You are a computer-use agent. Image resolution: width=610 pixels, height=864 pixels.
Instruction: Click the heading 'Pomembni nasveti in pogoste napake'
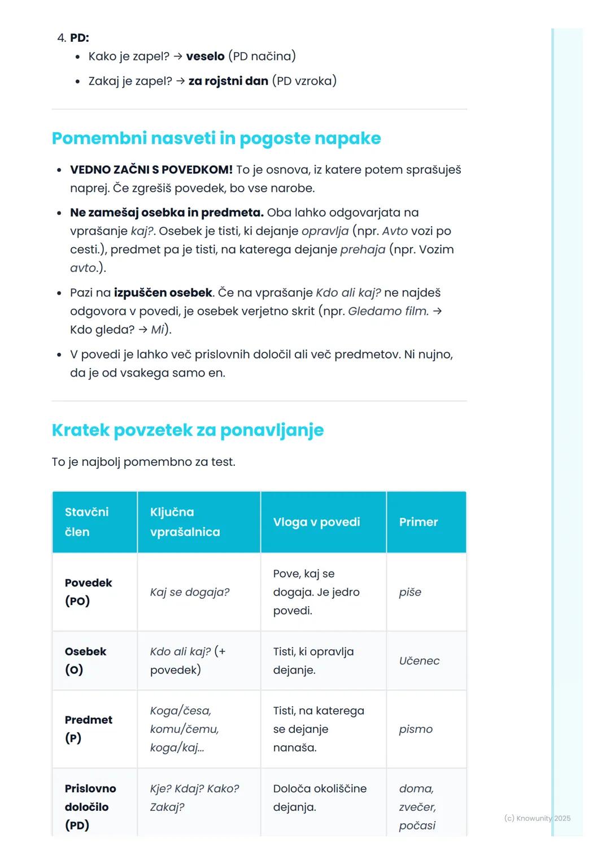[x=216, y=139]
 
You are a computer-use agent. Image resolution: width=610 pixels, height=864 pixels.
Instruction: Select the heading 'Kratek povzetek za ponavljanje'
[x=188, y=430]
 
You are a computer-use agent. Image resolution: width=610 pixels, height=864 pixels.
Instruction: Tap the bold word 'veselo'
[x=205, y=57]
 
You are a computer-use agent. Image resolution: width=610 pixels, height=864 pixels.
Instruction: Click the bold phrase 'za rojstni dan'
[x=228, y=81]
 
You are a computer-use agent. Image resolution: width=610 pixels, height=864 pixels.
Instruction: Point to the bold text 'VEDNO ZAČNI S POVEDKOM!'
[x=151, y=170]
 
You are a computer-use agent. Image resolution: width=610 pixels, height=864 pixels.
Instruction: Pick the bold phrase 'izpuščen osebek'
[x=164, y=293]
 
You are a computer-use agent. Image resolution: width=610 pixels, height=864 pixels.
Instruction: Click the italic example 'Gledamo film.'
[x=388, y=312]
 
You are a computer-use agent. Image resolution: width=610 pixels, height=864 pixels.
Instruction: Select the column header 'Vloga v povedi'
[x=316, y=522]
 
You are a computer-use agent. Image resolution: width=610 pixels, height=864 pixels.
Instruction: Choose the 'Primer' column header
[x=418, y=522]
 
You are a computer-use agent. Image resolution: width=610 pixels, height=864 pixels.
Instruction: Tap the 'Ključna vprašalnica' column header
[x=185, y=522]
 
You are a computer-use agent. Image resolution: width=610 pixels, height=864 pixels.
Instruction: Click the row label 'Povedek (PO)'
[x=88, y=592]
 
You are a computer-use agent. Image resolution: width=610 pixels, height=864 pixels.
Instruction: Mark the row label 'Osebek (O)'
[x=85, y=661]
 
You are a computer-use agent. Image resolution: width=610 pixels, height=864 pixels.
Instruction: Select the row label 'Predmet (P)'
[x=88, y=729]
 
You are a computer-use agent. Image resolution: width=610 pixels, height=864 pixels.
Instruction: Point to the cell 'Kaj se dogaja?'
[x=190, y=593]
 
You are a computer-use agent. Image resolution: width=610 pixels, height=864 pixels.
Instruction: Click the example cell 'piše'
[x=410, y=593]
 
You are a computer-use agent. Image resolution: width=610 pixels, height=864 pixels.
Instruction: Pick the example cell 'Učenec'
[x=419, y=661]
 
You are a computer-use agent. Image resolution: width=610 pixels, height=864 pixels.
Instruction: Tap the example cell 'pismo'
[x=416, y=729]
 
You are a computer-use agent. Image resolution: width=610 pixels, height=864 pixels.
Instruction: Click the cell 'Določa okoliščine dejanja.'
[x=320, y=798]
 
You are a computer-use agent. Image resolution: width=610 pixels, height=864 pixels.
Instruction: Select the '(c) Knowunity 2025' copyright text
[x=537, y=819]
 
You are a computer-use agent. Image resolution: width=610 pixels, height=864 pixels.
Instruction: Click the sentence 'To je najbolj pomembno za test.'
[x=143, y=462]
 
